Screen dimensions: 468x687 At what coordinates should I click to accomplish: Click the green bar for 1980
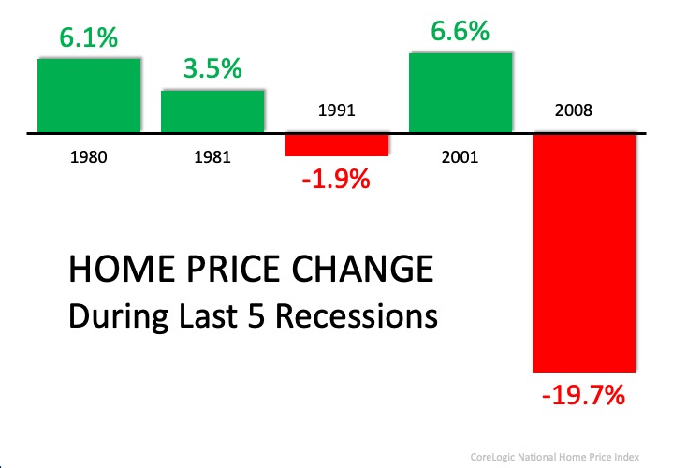[x=89, y=95]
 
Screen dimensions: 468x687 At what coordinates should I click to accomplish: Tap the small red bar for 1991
[x=336, y=145]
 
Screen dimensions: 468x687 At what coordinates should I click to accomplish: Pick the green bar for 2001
[x=460, y=92]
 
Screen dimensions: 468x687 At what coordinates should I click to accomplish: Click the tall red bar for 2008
[x=584, y=253]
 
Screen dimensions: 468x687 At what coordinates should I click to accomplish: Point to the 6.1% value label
[x=88, y=38]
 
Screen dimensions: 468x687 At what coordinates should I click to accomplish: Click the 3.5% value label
[x=212, y=69]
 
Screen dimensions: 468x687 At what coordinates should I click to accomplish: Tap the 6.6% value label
[x=460, y=31]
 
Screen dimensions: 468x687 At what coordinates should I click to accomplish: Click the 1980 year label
[x=89, y=157]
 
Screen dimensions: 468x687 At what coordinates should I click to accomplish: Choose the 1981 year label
[x=212, y=157]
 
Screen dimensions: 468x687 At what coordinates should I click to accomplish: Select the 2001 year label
[x=460, y=157]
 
